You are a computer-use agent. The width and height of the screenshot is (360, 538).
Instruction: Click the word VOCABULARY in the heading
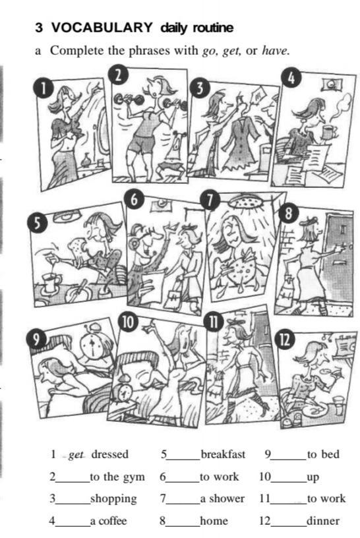coord(102,27)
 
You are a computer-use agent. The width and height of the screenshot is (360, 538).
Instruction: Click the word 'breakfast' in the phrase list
coord(223,454)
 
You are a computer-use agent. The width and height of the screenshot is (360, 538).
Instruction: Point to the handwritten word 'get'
coord(76,456)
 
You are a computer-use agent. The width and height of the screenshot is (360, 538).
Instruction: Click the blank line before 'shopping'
coord(73,503)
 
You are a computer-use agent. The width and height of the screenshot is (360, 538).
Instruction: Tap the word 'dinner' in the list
coord(323,521)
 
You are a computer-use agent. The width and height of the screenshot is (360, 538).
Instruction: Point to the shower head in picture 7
coord(247,201)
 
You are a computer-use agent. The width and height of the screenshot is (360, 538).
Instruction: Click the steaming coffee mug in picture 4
coord(328,133)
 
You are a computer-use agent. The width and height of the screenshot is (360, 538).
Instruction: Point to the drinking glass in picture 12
coord(338,405)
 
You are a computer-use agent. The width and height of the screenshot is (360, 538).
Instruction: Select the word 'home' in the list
coord(214,521)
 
